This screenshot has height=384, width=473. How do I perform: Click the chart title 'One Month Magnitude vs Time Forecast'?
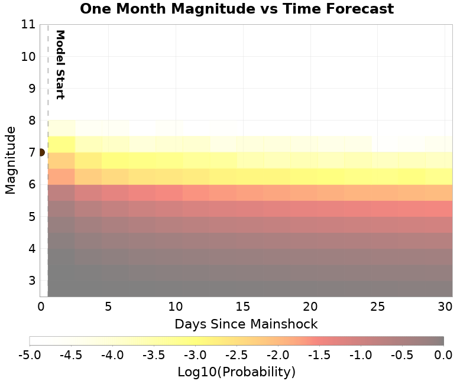pos(237,9)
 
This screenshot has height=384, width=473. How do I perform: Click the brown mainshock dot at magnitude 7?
pos(41,152)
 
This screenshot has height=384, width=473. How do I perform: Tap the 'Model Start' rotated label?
pos(59,64)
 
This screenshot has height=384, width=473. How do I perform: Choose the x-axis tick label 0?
pos(41,307)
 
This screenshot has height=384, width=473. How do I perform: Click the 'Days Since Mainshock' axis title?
pos(246,324)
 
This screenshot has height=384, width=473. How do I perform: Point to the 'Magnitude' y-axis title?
pos(10,160)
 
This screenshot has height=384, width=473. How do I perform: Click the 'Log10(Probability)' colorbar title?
pos(237,372)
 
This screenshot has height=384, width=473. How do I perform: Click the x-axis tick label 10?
pos(176,307)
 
